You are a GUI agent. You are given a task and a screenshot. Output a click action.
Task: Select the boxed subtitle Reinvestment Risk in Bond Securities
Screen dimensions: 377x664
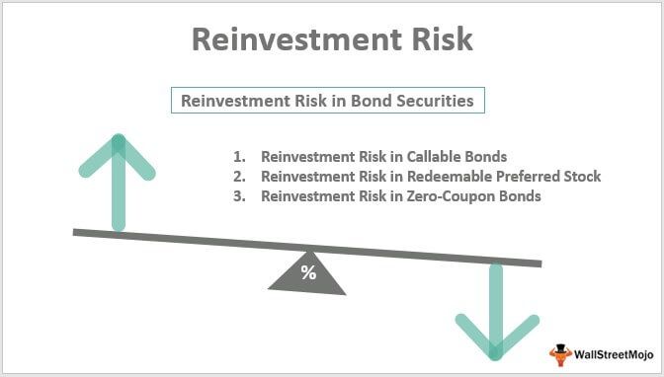[x=329, y=101]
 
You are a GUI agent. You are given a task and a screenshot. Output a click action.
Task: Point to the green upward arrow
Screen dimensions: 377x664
[x=120, y=178]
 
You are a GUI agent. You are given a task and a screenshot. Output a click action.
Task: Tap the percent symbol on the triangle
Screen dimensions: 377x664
[x=308, y=273]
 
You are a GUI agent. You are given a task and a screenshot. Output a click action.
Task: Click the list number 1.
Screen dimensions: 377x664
[x=238, y=157]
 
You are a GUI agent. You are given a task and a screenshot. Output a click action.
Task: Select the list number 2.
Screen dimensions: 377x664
[x=238, y=177]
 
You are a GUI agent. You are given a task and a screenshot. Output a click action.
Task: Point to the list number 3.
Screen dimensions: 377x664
[x=238, y=196]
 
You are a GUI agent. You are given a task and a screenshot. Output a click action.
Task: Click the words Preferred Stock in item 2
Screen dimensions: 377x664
[x=546, y=177]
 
